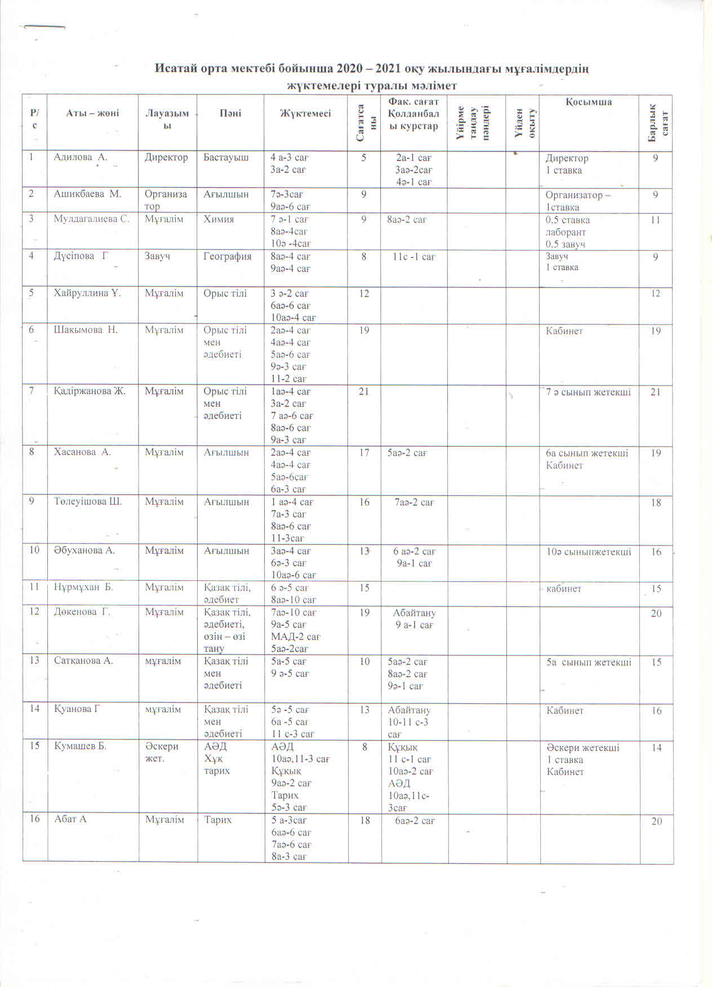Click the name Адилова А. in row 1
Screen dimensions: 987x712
(x=80, y=158)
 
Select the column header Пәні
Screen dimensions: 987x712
(x=230, y=113)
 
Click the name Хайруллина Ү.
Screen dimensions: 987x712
(x=87, y=293)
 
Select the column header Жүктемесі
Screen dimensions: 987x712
(x=305, y=113)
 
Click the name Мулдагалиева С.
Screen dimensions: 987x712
(x=91, y=219)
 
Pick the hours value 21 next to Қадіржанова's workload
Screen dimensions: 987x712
(x=364, y=391)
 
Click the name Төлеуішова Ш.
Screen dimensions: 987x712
(x=88, y=501)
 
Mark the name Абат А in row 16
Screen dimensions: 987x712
(x=70, y=819)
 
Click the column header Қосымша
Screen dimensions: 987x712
(x=589, y=102)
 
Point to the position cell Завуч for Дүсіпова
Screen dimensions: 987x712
(x=158, y=256)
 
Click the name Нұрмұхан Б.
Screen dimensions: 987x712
(x=83, y=587)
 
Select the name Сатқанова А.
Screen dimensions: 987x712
(x=83, y=661)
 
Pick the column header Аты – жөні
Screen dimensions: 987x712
(x=92, y=113)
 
